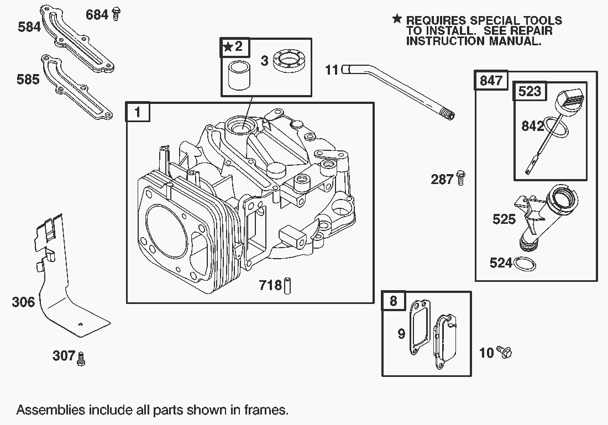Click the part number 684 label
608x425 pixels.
pyautogui.click(x=97, y=15)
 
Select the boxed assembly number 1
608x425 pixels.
pyautogui.click(x=138, y=113)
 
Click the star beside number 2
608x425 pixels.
pyautogui.click(x=228, y=47)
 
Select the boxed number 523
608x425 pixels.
pyautogui.click(x=530, y=91)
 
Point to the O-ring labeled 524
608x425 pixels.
pyautogui.click(x=525, y=264)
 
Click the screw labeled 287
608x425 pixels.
pyautogui.click(x=461, y=178)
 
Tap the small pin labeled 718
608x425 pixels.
pyautogui.click(x=288, y=286)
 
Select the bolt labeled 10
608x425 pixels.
pyautogui.click(x=504, y=351)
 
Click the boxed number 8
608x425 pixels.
pyautogui.click(x=393, y=301)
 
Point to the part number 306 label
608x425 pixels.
pyautogui.click(x=23, y=302)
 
